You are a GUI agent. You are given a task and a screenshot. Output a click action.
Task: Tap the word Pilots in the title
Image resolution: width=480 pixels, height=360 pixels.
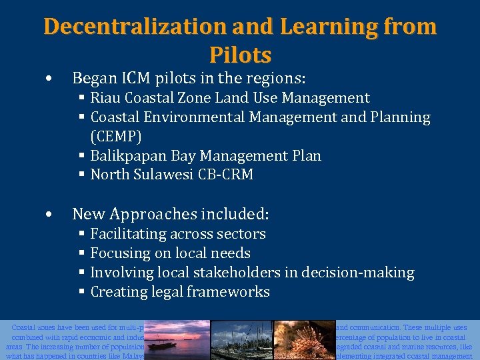(x=240, y=54)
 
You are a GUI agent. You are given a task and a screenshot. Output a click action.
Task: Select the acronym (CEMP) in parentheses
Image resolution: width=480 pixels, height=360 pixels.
(x=116, y=137)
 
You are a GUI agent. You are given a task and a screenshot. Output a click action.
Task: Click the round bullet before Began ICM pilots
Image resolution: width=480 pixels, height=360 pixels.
(x=49, y=79)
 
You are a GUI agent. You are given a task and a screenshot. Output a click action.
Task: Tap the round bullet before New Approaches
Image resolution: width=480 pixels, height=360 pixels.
(x=49, y=215)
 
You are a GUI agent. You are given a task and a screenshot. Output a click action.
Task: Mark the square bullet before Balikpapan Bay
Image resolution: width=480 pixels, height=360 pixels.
(x=81, y=156)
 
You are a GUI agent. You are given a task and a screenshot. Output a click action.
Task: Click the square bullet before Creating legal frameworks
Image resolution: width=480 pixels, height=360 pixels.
(x=81, y=292)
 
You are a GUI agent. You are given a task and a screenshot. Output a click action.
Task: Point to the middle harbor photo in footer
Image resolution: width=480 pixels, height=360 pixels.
(x=240, y=340)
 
